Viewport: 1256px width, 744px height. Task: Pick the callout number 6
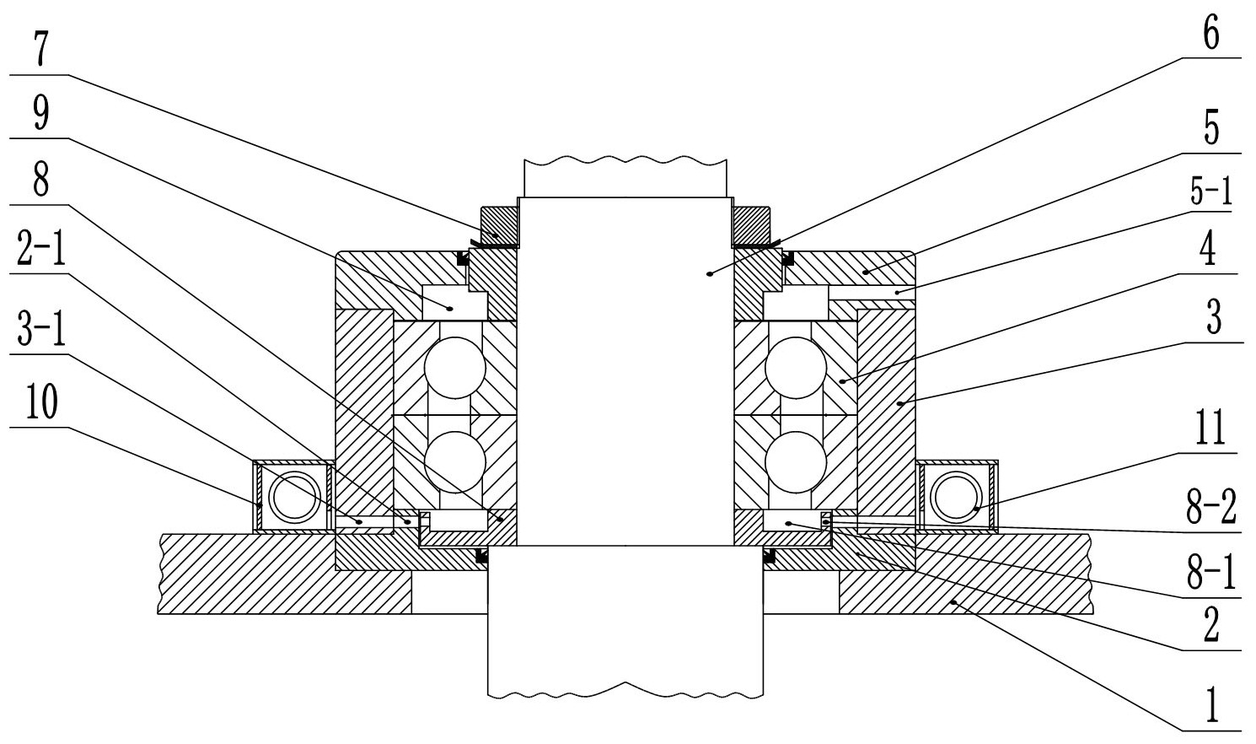1211,35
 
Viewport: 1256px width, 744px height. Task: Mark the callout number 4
1211,251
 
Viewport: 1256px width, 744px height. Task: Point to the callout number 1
1211,706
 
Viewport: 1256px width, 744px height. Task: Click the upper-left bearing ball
455,368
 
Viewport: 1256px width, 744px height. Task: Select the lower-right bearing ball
797,461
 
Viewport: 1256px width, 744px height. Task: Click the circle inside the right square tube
955,496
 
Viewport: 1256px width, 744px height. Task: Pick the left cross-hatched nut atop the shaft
499,224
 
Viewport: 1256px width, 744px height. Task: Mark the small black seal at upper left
462,257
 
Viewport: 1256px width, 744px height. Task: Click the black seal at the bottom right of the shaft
769,557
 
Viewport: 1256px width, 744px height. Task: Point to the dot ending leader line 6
711,274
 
